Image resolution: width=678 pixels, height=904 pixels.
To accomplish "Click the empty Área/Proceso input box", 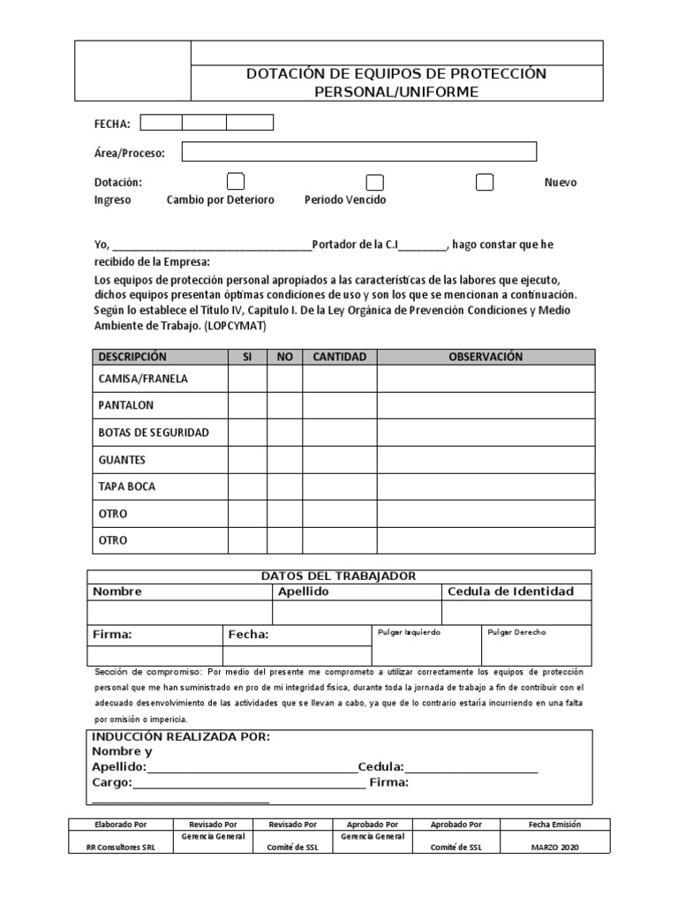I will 358,152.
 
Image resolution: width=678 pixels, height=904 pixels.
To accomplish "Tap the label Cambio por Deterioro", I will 221,200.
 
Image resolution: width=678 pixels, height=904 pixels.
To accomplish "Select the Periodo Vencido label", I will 345,200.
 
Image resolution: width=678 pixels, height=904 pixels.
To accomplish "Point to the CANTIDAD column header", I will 339,357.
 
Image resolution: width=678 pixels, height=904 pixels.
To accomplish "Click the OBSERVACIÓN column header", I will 486,357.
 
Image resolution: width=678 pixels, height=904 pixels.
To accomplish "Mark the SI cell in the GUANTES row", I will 247,460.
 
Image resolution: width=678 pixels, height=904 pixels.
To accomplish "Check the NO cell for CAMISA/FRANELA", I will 284,379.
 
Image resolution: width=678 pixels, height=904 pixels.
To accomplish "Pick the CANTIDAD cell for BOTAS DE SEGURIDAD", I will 339,433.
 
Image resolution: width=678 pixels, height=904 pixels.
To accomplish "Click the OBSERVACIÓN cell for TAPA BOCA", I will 486,486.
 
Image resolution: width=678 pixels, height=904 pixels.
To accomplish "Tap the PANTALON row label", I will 126,405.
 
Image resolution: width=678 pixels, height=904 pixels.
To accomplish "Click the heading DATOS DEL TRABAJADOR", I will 338,576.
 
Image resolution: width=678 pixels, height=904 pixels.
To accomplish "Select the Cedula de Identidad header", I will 510,591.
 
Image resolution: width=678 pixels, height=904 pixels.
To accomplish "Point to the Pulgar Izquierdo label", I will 409,633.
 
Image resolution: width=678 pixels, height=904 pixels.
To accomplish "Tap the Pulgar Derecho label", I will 516,633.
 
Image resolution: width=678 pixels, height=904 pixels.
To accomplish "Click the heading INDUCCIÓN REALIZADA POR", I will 181,736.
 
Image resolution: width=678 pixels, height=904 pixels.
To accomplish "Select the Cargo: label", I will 112,782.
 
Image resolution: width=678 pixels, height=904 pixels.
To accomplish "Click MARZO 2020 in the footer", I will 555,847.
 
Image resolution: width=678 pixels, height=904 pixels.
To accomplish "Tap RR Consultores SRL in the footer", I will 120,847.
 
